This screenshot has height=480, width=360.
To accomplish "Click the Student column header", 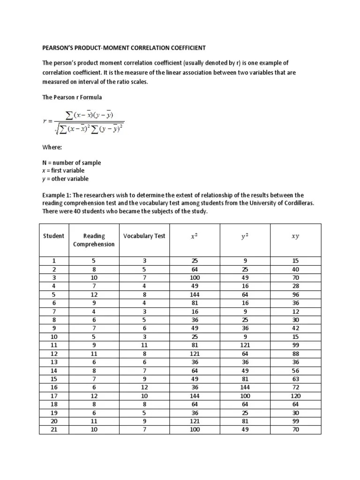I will [53, 236].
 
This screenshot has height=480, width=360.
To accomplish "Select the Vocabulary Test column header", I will [144, 236].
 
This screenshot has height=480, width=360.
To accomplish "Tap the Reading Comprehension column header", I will [94, 240].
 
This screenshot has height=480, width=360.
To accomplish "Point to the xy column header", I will [295, 236].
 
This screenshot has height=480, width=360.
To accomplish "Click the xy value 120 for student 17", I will [295, 395].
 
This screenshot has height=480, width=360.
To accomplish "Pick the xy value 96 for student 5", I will [295, 294].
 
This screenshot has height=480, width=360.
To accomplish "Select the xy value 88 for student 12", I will [295, 353].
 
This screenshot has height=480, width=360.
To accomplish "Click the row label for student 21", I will [53, 429].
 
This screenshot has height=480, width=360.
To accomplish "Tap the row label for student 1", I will [53, 261].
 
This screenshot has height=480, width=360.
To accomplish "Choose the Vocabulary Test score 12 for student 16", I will [144, 387].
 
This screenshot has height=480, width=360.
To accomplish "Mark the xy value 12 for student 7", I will [295, 311].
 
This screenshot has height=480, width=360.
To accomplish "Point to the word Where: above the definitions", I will [52, 147].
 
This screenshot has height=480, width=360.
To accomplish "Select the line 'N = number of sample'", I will [71, 163].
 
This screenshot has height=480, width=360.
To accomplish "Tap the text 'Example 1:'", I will [58, 195].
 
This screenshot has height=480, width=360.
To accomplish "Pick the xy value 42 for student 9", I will [295, 328].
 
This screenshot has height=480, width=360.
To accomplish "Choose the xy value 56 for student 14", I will [295, 370].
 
